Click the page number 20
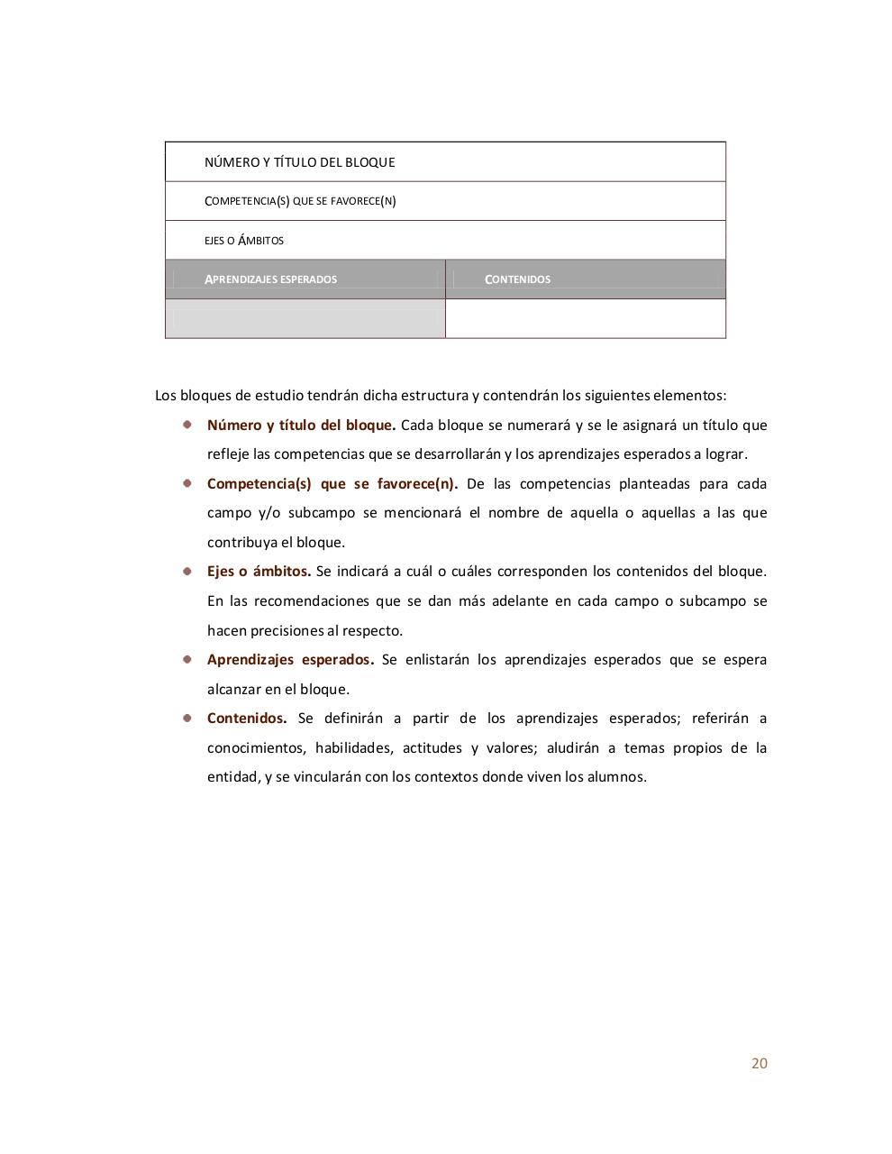759,1063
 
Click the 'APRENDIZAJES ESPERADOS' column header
271,279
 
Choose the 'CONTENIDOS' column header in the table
518,279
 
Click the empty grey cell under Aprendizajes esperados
305,319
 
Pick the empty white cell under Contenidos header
586,319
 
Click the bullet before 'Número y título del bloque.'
187,424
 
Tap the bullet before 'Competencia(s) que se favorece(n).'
187,482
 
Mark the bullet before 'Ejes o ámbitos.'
187,570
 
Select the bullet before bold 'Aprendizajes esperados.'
187,658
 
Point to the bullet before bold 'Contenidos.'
187,718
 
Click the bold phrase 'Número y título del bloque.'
301,425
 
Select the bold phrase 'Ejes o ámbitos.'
259,571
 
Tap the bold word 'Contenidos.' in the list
247,719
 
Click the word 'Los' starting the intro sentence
166,396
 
